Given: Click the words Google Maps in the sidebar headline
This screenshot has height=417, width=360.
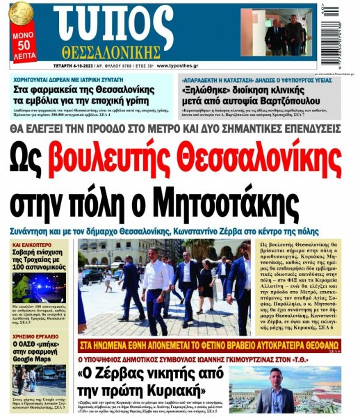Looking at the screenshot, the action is [x=41, y=360].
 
